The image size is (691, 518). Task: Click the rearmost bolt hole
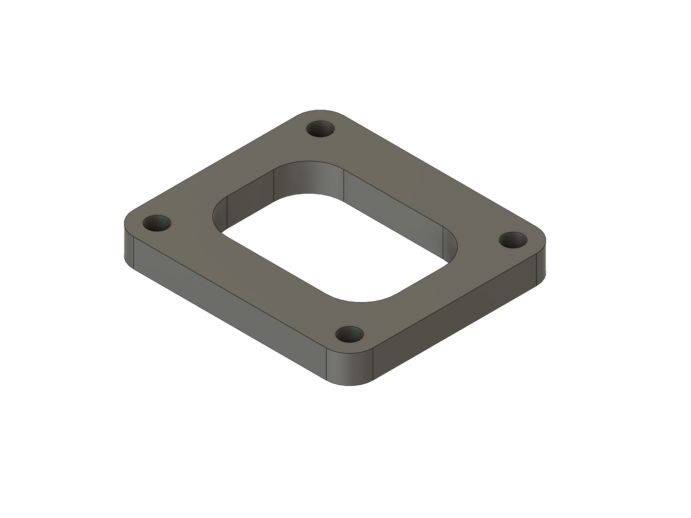click(x=320, y=129)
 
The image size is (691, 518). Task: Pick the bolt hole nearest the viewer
click(x=350, y=335)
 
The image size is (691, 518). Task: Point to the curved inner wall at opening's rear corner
click(x=308, y=177)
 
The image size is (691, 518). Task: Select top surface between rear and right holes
click(x=421, y=182)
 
